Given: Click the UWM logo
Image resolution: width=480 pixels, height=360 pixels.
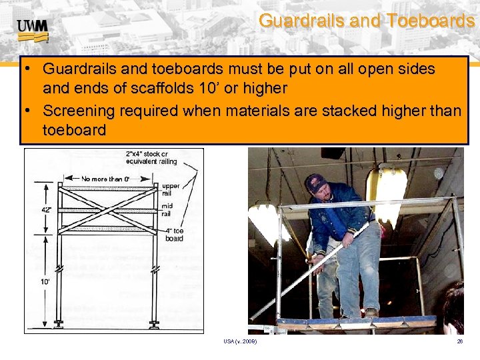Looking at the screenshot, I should (x=31, y=27).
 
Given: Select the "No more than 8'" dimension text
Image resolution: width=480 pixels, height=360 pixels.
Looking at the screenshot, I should (x=105, y=178).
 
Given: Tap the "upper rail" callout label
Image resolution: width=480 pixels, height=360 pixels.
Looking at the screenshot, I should (x=170, y=189).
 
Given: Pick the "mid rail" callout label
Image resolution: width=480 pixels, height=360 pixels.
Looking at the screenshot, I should (x=167, y=210).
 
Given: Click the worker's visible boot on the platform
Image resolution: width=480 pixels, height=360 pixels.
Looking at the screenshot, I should (x=371, y=312).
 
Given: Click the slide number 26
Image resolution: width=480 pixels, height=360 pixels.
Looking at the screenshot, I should (x=459, y=341).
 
